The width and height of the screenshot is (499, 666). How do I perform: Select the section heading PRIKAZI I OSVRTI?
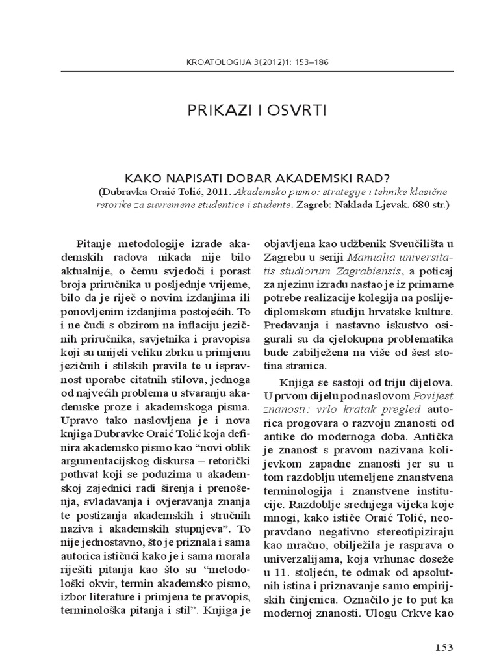(249, 110)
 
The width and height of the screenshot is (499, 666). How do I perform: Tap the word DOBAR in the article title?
(244, 178)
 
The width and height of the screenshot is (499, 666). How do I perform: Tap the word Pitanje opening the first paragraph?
(96, 243)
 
